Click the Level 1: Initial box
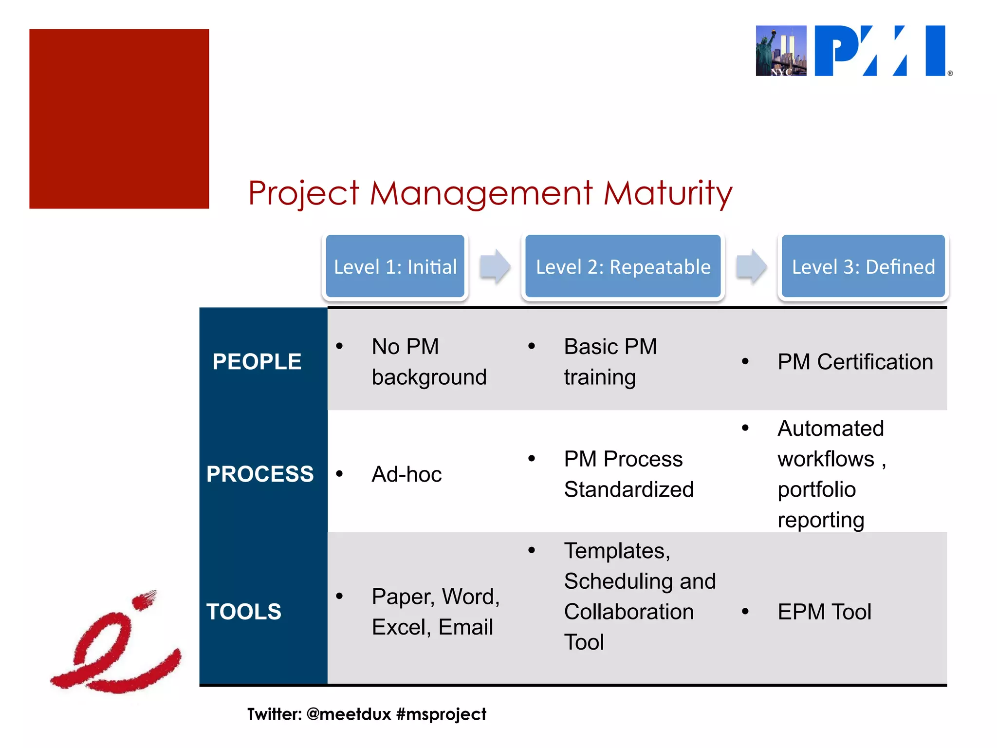(x=395, y=266)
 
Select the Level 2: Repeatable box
(x=623, y=266)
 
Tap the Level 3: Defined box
(x=863, y=266)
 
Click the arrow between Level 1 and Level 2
(x=495, y=266)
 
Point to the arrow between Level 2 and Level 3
(x=751, y=266)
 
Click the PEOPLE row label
(x=257, y=362)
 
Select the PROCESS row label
(x=260, y=474)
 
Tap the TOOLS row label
(x=243, y=612)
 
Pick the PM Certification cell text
(x=855, y=362)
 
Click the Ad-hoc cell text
(x=406, y=474)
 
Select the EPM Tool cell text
(x=824, y=612)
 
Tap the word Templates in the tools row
(x=617, y=551)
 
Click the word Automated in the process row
(x=830, y=429)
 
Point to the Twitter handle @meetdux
(x=349, y=714)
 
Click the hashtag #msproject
(x=441, y=714)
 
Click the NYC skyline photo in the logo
(x=780, y=51)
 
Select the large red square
(x=119, y=119)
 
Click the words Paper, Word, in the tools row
(x=435, y=597)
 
